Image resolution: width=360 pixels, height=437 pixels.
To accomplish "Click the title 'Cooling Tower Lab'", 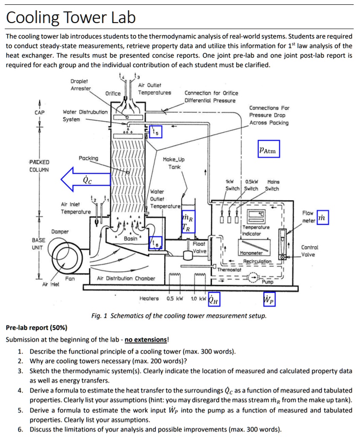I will [71, 17].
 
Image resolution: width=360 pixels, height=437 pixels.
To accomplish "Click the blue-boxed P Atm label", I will [268, 150].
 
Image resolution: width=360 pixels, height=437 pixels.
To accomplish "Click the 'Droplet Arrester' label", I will [81, 84].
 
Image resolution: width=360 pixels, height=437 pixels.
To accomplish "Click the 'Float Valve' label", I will [199, 248].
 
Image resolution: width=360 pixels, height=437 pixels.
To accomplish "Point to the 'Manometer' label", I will [252, 253].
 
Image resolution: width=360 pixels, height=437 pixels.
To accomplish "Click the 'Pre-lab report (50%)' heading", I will [37, 328].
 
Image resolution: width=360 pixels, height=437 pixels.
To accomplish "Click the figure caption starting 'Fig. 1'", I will [179, 316].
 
